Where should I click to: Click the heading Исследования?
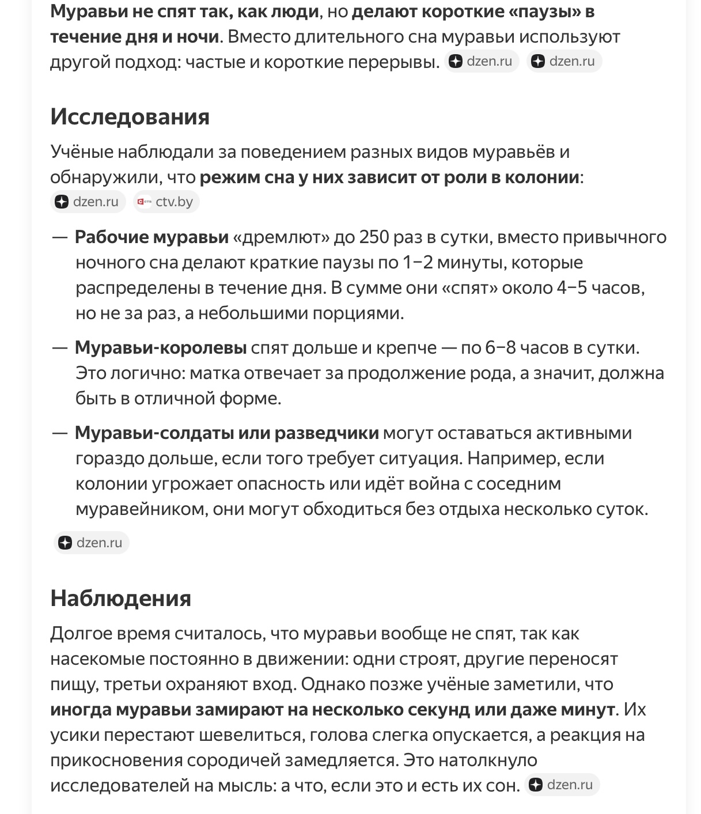130,117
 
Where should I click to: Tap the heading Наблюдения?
120,599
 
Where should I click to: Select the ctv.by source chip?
166,202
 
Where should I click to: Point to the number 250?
377,237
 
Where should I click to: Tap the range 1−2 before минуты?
418,263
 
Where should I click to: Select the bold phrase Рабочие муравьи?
151,237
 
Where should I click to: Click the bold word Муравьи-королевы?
161,348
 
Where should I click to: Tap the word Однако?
332,684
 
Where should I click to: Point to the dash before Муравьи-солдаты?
60,433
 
